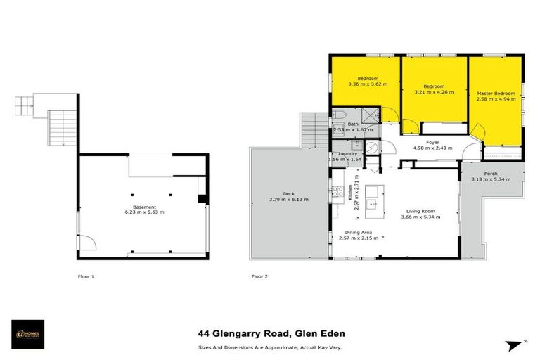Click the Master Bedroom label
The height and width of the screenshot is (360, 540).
496,94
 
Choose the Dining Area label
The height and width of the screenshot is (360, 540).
358,232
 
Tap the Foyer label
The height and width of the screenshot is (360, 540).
432,142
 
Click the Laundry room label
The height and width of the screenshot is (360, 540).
347,154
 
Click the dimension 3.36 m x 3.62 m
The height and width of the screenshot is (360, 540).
368,84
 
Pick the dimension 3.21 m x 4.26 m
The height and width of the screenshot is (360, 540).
434,92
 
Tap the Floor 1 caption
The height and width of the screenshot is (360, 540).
86,276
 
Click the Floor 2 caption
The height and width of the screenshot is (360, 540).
259,276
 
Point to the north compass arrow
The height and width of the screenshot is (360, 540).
515,345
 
